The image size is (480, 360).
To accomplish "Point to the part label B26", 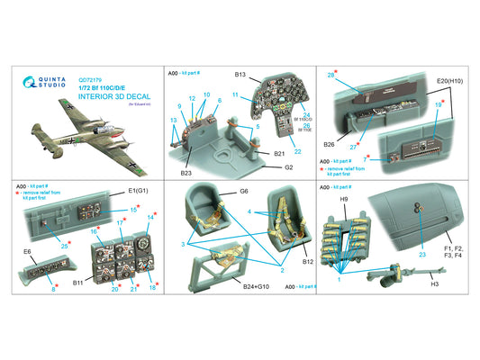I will pyautogui.click(x=328, y=143).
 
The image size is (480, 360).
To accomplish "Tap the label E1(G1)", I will pyautogui.click(x=140, y=190).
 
